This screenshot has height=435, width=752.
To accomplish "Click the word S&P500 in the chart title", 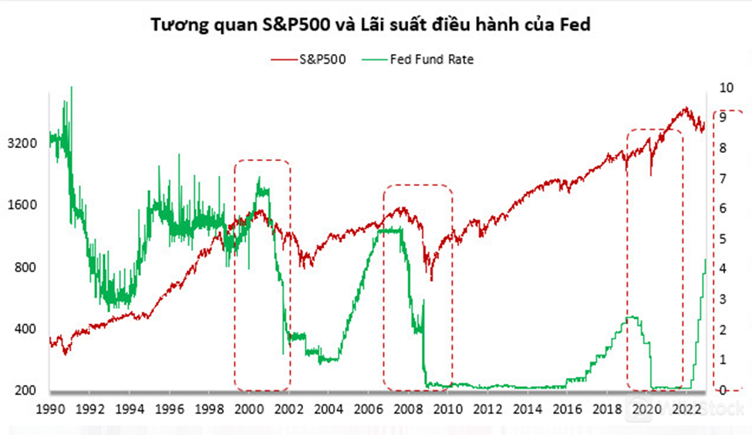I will (x=298, y=25).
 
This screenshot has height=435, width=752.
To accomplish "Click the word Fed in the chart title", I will (x=575, y=25).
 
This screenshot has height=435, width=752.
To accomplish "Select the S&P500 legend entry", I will (x=322, y=59).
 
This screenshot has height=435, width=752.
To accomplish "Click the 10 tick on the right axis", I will (x=726, y=87).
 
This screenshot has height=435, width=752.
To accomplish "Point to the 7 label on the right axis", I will (x=723, y=178).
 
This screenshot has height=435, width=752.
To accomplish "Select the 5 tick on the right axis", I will (x=723, y=239).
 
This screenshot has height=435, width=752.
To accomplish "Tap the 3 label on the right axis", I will (x=723, y=299).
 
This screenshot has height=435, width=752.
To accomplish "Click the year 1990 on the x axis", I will (x=50, y=408).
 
